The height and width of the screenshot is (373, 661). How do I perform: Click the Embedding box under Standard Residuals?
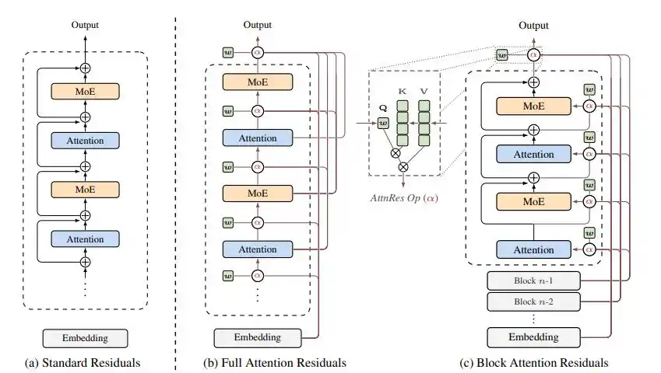(85, 338)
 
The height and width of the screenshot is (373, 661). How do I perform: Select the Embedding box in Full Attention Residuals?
(258, 337)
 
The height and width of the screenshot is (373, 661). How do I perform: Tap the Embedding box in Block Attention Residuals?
(533, 337)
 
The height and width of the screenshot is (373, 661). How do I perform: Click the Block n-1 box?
(533, 280)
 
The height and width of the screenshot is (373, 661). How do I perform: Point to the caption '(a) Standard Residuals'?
(85, 362)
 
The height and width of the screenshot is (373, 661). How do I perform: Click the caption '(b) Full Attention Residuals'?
(273, 362)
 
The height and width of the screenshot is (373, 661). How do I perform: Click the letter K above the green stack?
(402, 91)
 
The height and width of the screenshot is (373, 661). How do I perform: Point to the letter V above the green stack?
(424, 91)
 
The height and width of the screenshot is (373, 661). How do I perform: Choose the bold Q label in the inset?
(381, 109)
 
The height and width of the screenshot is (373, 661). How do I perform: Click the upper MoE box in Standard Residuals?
(85, 91)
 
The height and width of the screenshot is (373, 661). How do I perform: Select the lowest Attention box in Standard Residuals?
(85, 236)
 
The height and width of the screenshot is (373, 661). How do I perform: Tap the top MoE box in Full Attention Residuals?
(258, 82)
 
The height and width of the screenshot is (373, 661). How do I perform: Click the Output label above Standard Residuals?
(85, 25)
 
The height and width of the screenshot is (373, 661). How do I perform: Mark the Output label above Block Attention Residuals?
(533, 25)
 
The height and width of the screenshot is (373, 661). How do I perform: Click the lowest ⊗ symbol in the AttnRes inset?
(403, 167)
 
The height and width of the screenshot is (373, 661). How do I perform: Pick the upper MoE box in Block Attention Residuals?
(533, 105)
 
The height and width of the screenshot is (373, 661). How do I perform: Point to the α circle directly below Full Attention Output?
(258, 53)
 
